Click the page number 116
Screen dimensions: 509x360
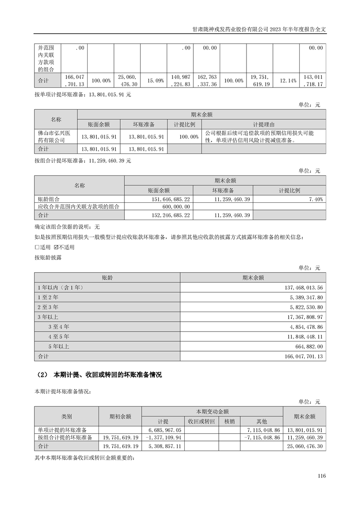322,476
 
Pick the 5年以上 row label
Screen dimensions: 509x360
58,346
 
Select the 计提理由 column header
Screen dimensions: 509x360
264,124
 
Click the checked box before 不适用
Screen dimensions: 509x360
56,247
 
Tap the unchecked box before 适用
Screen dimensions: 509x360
37,247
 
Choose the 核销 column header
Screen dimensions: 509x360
229,421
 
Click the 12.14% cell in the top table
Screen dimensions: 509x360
286,80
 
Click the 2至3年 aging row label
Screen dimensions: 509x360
48,307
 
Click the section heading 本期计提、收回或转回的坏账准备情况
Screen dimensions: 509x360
108,375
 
